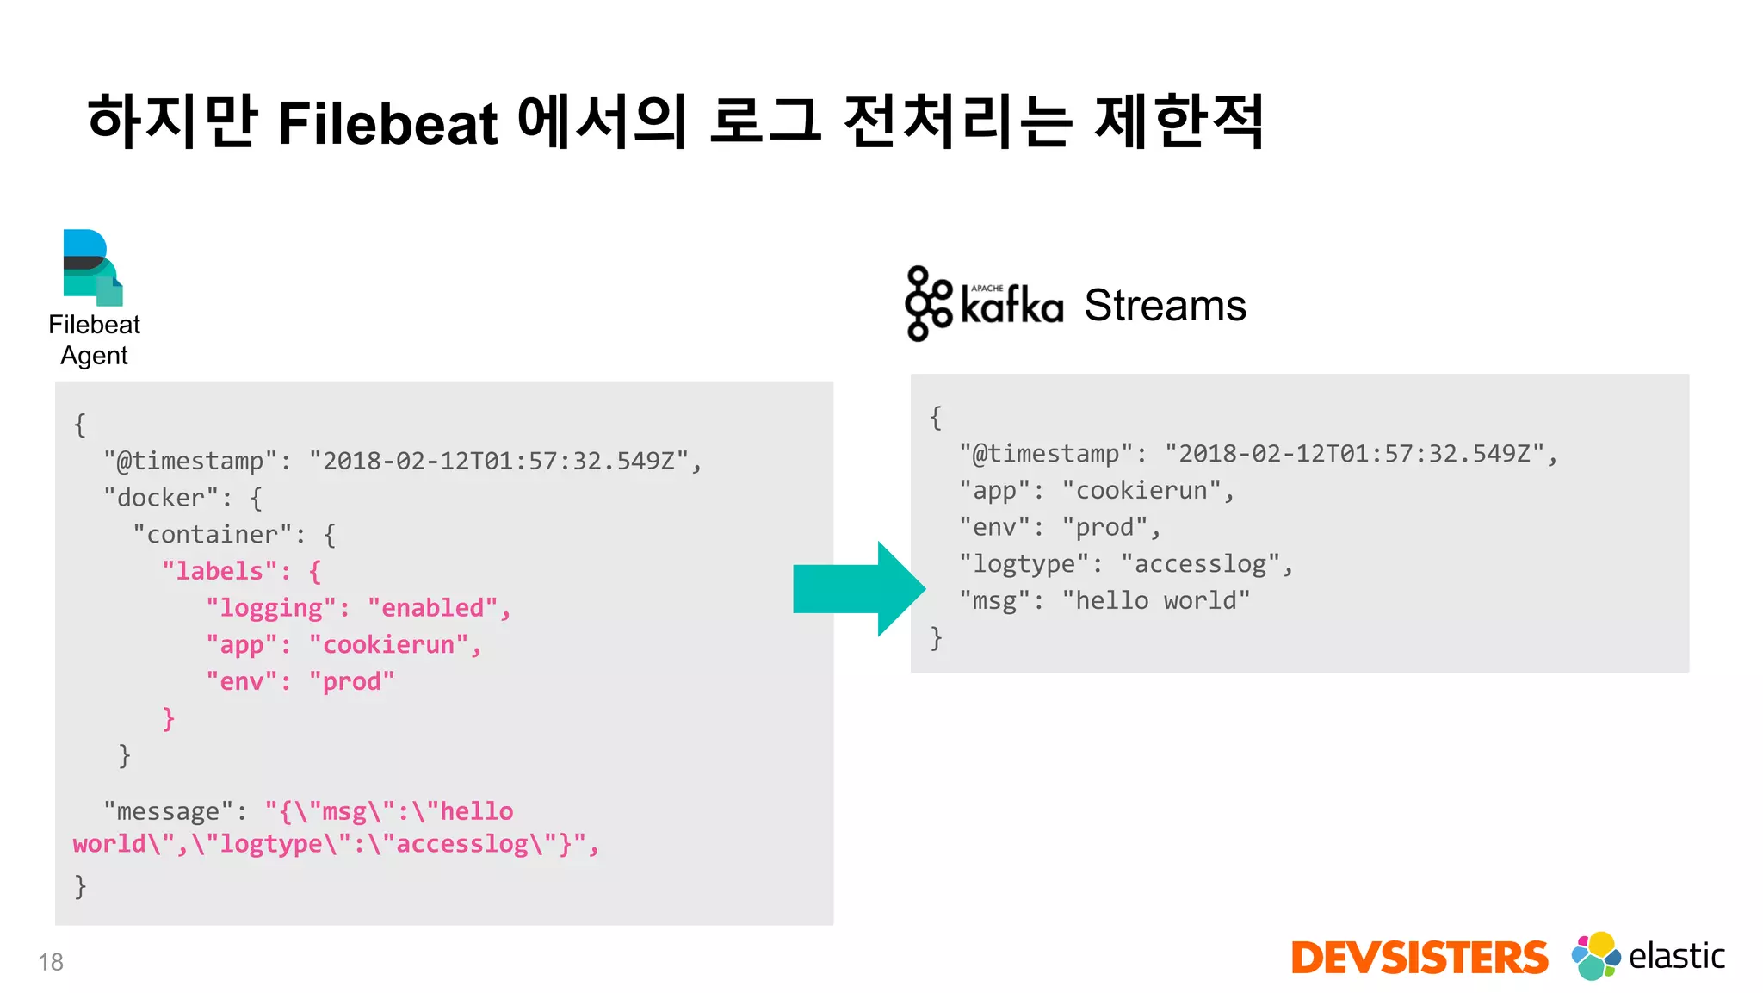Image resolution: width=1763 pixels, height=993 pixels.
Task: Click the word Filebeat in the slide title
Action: (x=387, y=123)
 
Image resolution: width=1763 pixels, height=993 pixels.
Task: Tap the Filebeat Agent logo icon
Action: (x=93, y=267)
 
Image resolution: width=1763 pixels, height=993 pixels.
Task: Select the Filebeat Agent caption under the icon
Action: (x=94, y=339)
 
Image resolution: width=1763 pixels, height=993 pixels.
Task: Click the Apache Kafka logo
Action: (x=984, y=304)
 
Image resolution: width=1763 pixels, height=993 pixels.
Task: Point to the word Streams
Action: (x=1165, y=305)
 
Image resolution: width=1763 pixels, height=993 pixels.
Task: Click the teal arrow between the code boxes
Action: (x=858, y=589)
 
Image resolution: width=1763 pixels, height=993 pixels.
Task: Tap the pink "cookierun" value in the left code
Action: (x=388, y=645)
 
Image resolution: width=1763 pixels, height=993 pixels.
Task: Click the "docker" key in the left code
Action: (x=161, y=498)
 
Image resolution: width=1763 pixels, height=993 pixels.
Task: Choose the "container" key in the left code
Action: (x=213, y=535)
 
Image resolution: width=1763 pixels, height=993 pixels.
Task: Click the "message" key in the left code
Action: (x=168, y=811)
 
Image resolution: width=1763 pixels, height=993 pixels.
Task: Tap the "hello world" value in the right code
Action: (x=1155, y=601)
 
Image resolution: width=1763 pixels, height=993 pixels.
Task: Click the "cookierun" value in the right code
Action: (x=1141, y=491)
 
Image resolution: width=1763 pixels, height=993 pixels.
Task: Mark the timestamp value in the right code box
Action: (x=1354, y=454)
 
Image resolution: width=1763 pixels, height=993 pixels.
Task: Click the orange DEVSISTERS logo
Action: (x=1419, y=958)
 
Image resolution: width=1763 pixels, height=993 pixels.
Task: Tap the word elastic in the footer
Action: (x=1676, y=956)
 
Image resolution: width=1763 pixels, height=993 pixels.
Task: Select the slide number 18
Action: (x=51, y=962)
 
